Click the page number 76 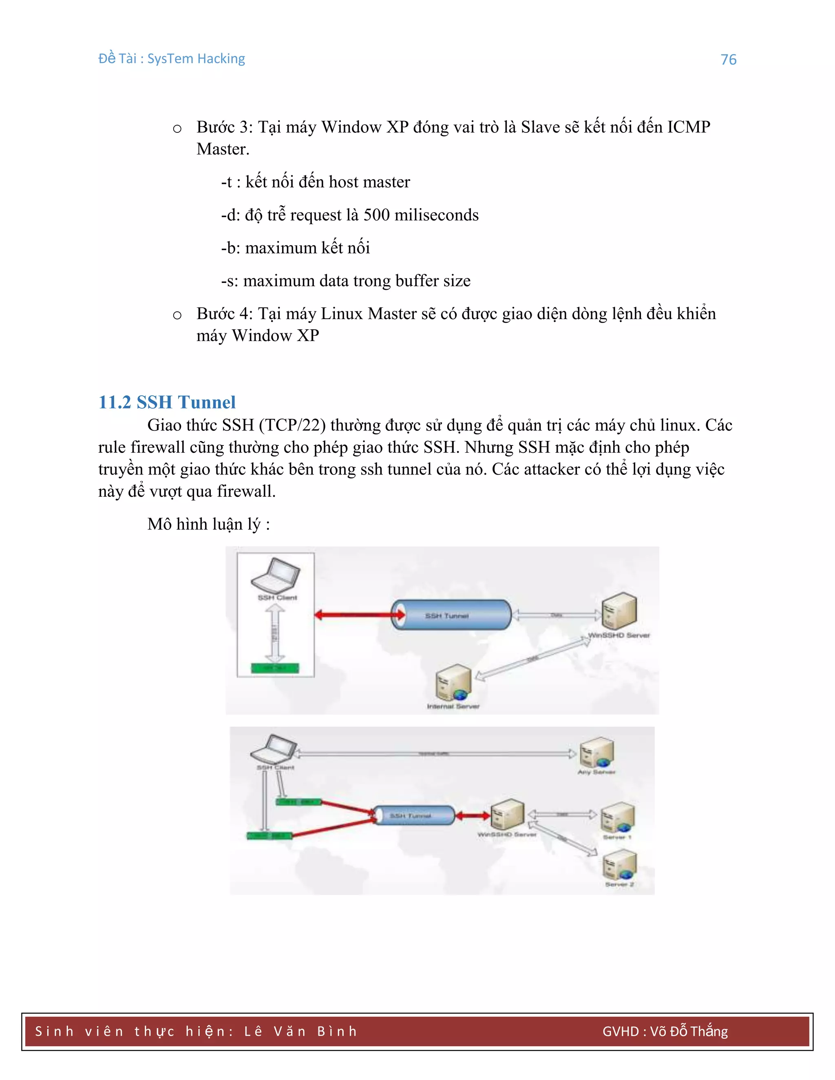click(x=728, y=60)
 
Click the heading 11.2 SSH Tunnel click(x=167, y=402)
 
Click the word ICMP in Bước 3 click(x=688, y=127)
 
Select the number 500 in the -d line click(x=376, y=215)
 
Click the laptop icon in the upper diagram click(x=276, y=575)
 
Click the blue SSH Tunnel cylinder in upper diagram click(x=451, y=615)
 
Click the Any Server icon click(x=597, y=752)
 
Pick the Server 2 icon click(x=619, y=865)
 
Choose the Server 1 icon click(x=617, y=817)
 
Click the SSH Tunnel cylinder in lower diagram click(x=413, y=816)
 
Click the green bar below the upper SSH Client click(x=275, y=668)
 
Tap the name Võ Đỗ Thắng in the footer click(x=689, y=1032)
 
